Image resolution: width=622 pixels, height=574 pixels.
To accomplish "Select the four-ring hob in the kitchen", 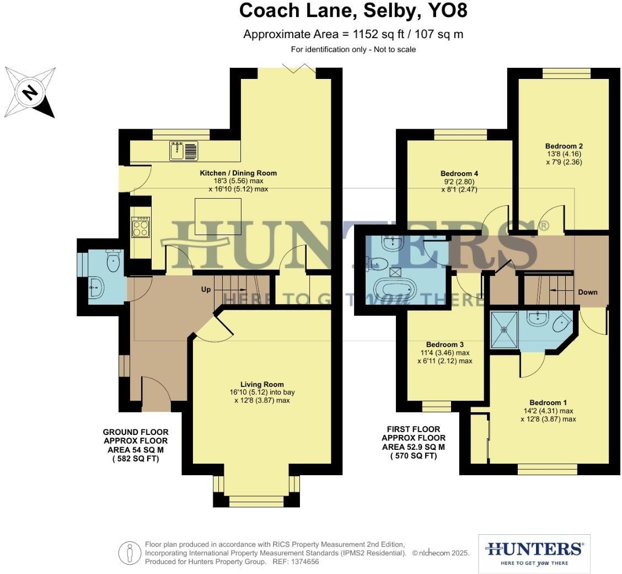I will click(x=141, y=227).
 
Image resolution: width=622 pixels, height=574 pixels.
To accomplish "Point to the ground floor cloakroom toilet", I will click(x=114, y=262).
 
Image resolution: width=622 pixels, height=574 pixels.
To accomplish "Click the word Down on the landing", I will click(x=587, y=292).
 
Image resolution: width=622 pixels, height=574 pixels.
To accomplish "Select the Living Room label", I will click(x=262, y=384).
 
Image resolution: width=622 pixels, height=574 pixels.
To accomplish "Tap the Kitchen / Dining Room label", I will click(x=238, y=173).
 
